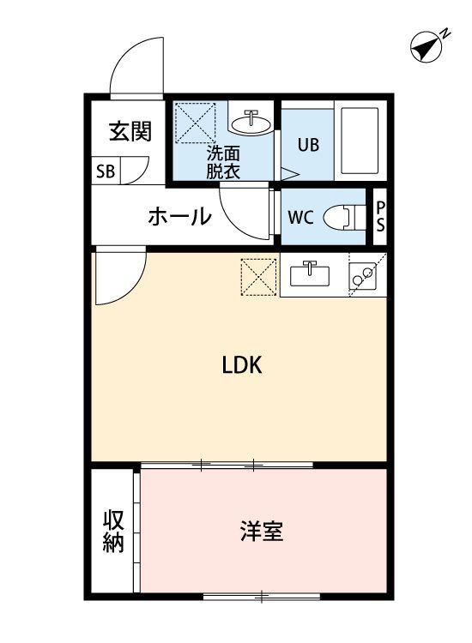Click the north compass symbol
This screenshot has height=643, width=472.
(x=426, y=46)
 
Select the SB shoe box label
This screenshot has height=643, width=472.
(x=106, y=171)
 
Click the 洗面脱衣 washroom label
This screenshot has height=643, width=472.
(x=222, y=162)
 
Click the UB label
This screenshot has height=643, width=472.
(x=308, y=144)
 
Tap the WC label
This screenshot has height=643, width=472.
(x=300, y=216)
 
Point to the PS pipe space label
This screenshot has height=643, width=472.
(x=380, y=218)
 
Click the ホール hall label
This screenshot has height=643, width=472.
(x=179, y=216)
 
